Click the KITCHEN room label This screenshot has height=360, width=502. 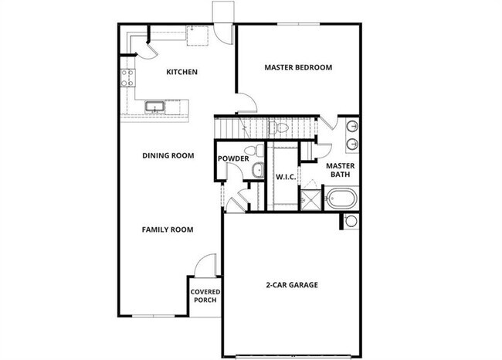pos(182,72)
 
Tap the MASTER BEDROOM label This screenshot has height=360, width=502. pos(298,67)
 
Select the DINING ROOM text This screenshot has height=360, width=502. pos(168,155)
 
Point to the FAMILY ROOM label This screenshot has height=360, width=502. pos(168,229)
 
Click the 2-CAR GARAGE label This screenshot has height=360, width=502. pos(289,284)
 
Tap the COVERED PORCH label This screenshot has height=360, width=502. pos(205,296)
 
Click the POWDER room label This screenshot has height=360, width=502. pos(232,159)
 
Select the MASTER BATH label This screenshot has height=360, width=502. pos(340,171)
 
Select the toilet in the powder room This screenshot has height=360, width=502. pos(249,151)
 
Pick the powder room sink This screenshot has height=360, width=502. pos(258,170)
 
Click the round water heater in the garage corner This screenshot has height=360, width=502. pos(351,222)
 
